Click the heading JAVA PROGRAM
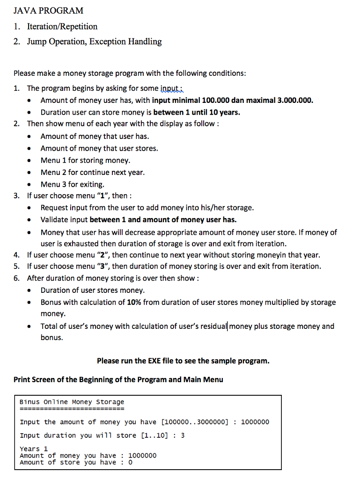48,10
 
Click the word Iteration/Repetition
62,26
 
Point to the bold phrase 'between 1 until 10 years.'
197,112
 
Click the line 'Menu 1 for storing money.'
85,160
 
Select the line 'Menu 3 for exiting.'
73,184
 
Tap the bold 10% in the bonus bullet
134,302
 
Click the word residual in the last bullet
213,326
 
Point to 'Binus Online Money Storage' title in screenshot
72,402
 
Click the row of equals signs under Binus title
72,408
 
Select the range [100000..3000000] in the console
195,422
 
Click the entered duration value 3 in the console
183,435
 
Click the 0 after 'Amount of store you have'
130,462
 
